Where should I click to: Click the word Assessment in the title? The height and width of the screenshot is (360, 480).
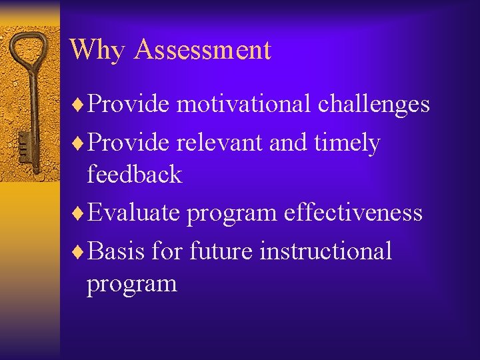[x=202, y=50]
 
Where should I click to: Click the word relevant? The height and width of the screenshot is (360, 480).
[x=221, y=143]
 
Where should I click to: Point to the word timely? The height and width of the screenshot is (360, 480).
[x=347, y=143]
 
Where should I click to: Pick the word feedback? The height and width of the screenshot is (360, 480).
[x=134, y=175]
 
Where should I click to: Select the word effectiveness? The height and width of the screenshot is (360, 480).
[x=353, y=213]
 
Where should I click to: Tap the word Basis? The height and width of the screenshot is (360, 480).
[x=116, y=251]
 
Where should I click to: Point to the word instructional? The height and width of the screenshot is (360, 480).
[x=325, y=251]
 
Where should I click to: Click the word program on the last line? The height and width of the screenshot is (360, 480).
[x=131, y=285]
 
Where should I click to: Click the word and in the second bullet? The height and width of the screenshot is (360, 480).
[x=291, y=143]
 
